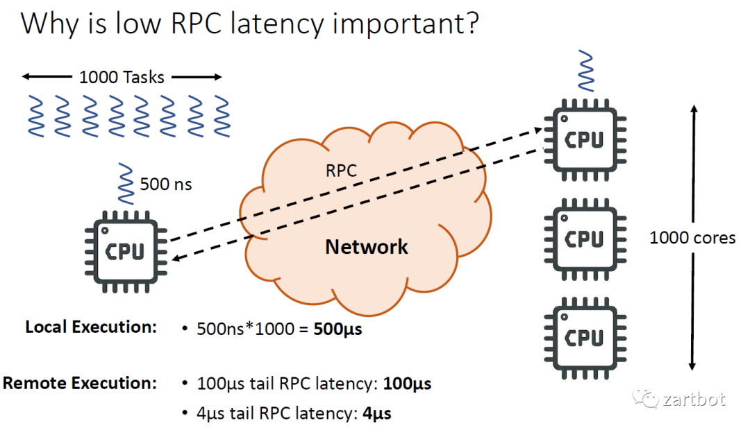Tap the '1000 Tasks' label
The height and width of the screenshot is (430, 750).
pyautogui.click(x=122, y=77)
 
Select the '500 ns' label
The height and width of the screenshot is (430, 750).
pyautogui.click(x=166, y=184)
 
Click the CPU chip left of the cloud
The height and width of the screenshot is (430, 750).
pyautogui.click(x=124, y=251)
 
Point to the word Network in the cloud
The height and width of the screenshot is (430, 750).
pyautogui.click(x=367, y=246)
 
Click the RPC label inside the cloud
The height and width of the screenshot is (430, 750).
pyautogui.click(x=341, y=171)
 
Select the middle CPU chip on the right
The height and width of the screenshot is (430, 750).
pyautogui.click(x=583, y=239)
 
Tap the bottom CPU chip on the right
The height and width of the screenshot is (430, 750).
pyautogui.click(x=583, y=338)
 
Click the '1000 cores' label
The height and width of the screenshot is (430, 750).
pyautogui.click(x=692, y=238)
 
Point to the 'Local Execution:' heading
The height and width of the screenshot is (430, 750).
pyautogui.click(x=91, y=327)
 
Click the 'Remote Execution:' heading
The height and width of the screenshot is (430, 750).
pyautogui.click(x=81, y=383)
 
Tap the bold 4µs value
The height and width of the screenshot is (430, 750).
pyautogui.click(x=377, y=414)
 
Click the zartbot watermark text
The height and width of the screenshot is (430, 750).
pyautogui.click(x=694, y=399)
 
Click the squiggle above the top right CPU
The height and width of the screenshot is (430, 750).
pyautogui.click(x=583, y=71)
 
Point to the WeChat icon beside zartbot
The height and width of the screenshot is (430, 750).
pyautogui.click(x=647, y=399)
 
